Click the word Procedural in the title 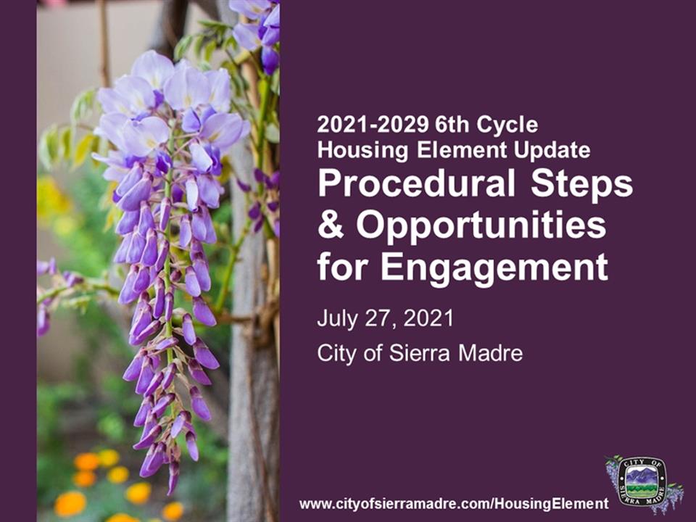(416, 183)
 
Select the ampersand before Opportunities (331, 225)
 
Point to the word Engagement (494, 268)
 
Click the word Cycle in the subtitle (507, 125)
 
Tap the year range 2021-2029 (373, 125)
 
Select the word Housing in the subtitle (362, 151)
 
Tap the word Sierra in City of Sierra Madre (420, 354)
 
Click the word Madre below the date (491, 354)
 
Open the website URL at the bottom (454, 504)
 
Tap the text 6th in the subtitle (452, 125)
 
